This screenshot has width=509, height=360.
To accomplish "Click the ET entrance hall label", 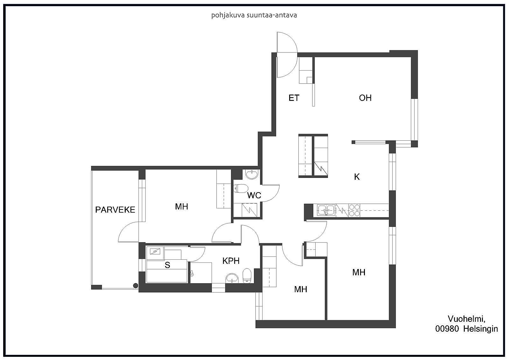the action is click(x=294, y=98).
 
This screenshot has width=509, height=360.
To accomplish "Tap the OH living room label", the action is click(x=365, y=98).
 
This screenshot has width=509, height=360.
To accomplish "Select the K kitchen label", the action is click(x=357, y=177).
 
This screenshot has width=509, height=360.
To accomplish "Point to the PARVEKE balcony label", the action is click(x=115, y=210).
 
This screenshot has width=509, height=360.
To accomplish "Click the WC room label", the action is click(x=254, y=195).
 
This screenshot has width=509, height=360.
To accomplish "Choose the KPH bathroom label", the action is click(x=231, y=261).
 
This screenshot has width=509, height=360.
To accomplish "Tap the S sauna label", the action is click(x=167, y=265).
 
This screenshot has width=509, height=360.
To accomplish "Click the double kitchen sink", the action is click(x=326, y=210).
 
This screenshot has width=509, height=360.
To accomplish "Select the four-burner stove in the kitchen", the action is click(x=354, y=210).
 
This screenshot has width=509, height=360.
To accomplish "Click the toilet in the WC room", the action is click(x=241, y=188).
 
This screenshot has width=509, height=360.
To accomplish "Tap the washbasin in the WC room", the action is click(x=252, y=174).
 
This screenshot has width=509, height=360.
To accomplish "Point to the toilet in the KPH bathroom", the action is click(x=247, y=276).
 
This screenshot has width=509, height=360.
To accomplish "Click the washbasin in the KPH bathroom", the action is click(x=232, y=278).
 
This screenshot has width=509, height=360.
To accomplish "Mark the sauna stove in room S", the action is click(x=155, y=251).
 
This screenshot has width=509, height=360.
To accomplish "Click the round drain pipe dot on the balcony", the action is click(x=136, y=286).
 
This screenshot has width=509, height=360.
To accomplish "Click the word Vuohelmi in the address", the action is click(x=466, y=319).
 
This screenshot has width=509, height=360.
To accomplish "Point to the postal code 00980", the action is click(x=447, y=329).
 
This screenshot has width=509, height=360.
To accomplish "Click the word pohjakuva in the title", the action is click(x=225, y=16).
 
